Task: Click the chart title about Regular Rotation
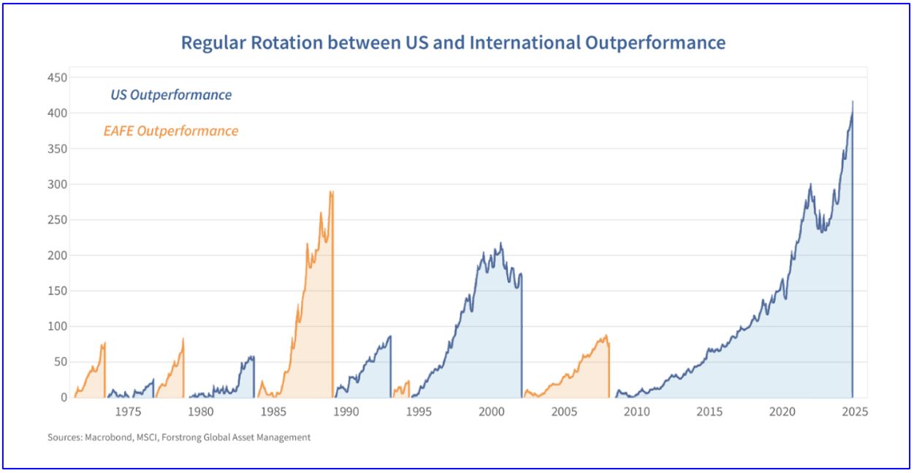pyautogui.click(x=453, y=42)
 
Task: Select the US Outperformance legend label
pyautogui.click(x=171, y=95)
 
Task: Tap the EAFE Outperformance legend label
pyautogui.click(x=170, y=132)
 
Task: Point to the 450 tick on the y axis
pyautogui.click(x=58, y=77)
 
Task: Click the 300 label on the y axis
pyautogui.click(x=58, y=184)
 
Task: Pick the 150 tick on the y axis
pyautogui.click(x=58, y=291)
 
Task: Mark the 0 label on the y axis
pyautogui.click(x=64, y=398)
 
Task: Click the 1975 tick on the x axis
pyautogui.click(x=128, y=412)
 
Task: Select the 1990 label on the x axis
pyautogui.click(x=346, y=412)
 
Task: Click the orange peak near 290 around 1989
pyautogui.click(x=332, y=192)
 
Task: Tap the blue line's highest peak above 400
pyautogui.click(x=853, y=102)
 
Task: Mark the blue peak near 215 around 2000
pyautogui.click(x=500, y=243)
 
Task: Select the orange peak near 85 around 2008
pyautogui.click(x=606, y=336)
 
